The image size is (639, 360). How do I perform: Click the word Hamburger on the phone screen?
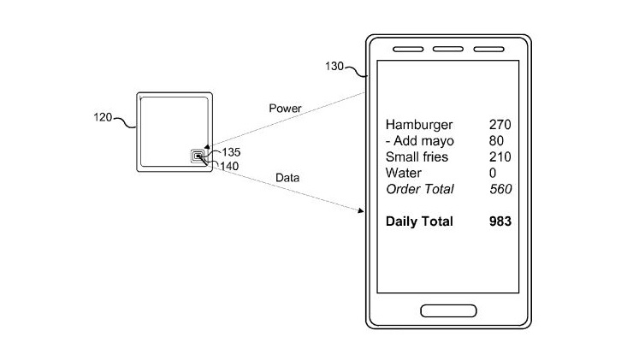[x=419, y=124]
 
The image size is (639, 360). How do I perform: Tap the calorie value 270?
[x=498, y=124]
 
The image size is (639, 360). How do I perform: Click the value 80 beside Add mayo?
[x=496, y=141]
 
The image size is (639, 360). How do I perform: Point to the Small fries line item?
[x=417, y=157]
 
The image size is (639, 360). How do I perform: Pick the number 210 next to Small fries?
[x=498, y=157]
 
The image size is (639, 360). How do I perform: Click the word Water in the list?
[x=404, y=174]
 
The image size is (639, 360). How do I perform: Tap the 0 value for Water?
[x=493, y=174]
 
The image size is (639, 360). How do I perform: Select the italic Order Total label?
[x=420, y=189]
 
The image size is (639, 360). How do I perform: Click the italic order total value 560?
[x=498, y=189]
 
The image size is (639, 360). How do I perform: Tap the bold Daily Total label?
[x=419, y=221]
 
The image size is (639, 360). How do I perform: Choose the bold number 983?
[x=498, y=221]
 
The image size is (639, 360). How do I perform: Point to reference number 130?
[x=335, y=66]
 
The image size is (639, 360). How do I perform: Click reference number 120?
[x=104, y=117]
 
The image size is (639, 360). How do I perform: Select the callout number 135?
[x=231, y=154]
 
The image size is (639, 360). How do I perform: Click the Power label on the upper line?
[x=285, y=109]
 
